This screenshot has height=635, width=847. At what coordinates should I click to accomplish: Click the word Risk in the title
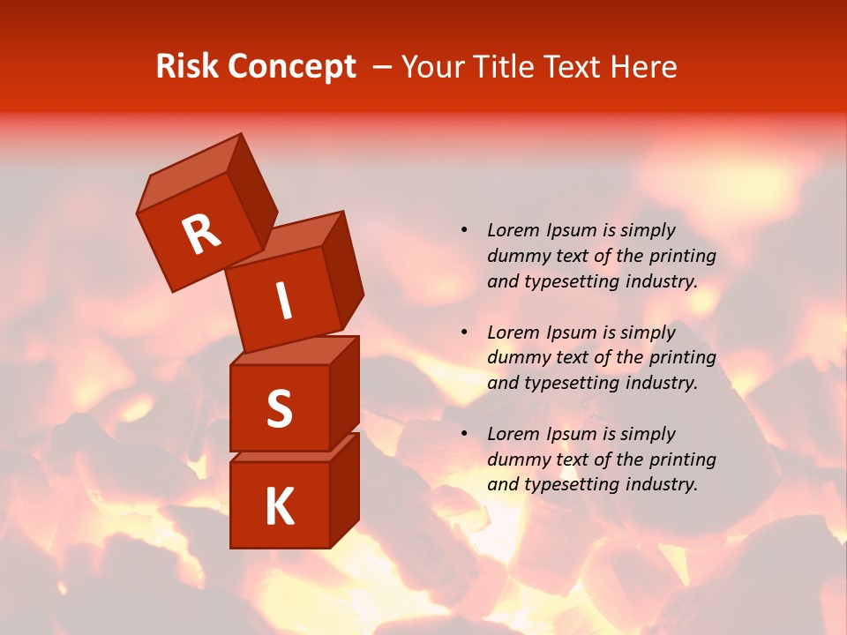(x=186, y=67)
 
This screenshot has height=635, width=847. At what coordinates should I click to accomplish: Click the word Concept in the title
(x=292, y=67)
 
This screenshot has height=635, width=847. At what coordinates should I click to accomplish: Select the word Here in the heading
(x=644, y=67)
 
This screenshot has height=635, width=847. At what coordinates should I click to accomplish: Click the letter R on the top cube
(x=202, y=234)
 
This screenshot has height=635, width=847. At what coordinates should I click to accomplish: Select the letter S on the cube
(x=279, y=408)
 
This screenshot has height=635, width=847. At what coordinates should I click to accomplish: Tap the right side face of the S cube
(x=344, y=392)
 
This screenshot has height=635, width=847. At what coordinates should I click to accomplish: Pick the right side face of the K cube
(x=344, y=489)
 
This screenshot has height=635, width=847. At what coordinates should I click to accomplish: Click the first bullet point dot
(x=464, y=230)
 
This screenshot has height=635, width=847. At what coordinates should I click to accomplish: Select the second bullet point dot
(x=464, y=332)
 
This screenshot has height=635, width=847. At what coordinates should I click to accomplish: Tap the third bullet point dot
(x=464, y=434)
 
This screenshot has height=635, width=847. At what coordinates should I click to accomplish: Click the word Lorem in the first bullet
(x=512, y=230)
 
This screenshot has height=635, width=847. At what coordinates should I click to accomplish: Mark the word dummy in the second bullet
(x=515, y=358)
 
